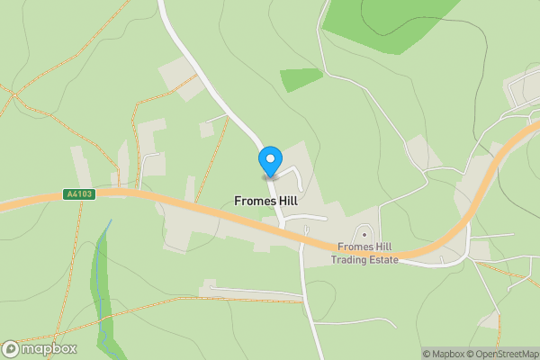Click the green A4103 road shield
pyautogui.click(x=79, y=193)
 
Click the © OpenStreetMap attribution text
pyautogui.click(x=501, y=354)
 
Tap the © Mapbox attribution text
pyautogui.click(x=442, y=354)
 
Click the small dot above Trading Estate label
pyautogui.click(x=364, y=235)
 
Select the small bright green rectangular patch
pyautogui.click(x=301, y=79)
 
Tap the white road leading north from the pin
pyautogui.click(x=216, y=90)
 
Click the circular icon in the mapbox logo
pyautogui.click(x=11, y=349)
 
